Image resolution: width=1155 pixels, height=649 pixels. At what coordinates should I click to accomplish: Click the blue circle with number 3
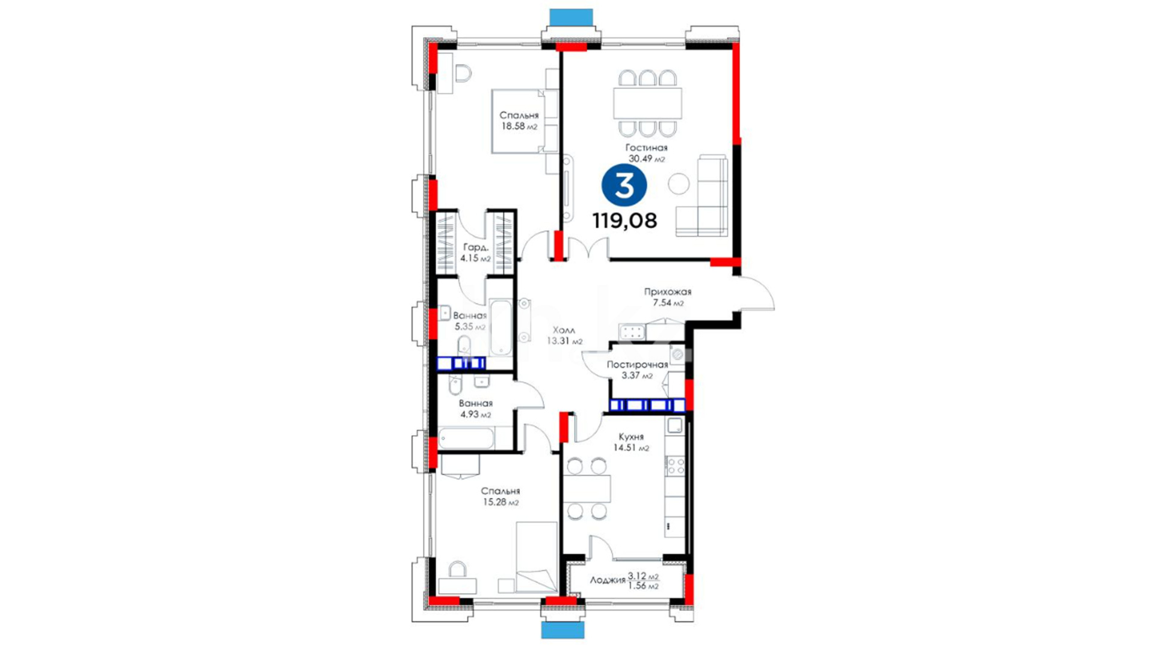[624, 186]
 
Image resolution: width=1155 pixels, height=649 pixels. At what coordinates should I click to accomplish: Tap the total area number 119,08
[624, 221]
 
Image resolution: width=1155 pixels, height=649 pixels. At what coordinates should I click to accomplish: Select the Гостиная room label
[646, 147]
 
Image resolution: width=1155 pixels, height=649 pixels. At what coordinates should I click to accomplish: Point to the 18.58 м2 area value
[520, 127]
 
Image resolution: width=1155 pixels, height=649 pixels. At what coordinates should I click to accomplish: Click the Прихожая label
[668, 291]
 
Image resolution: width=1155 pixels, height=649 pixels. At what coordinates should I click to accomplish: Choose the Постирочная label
[637, 365]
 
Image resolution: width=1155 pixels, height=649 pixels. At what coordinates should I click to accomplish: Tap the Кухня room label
[631, 437]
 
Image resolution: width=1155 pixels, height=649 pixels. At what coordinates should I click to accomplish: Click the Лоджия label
[608, 580]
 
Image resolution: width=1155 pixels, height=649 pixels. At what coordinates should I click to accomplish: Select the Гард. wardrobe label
[475, 247]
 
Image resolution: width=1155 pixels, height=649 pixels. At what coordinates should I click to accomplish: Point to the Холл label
[564, 330]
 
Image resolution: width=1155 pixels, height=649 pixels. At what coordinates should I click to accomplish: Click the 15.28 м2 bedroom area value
[500, 502]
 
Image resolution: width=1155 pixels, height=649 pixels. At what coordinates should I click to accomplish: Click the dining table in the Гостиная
[647, 103]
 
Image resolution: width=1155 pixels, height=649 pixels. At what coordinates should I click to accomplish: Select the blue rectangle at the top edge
[571, 17]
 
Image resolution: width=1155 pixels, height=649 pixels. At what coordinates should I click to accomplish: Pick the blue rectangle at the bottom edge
[563, 630]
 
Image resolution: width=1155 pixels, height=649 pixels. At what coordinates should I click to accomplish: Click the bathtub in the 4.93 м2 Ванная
[466, 439]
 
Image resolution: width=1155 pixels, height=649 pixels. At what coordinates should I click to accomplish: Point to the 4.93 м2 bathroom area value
[476, 415]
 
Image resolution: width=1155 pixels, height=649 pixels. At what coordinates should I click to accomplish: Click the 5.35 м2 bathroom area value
[470, 327]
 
